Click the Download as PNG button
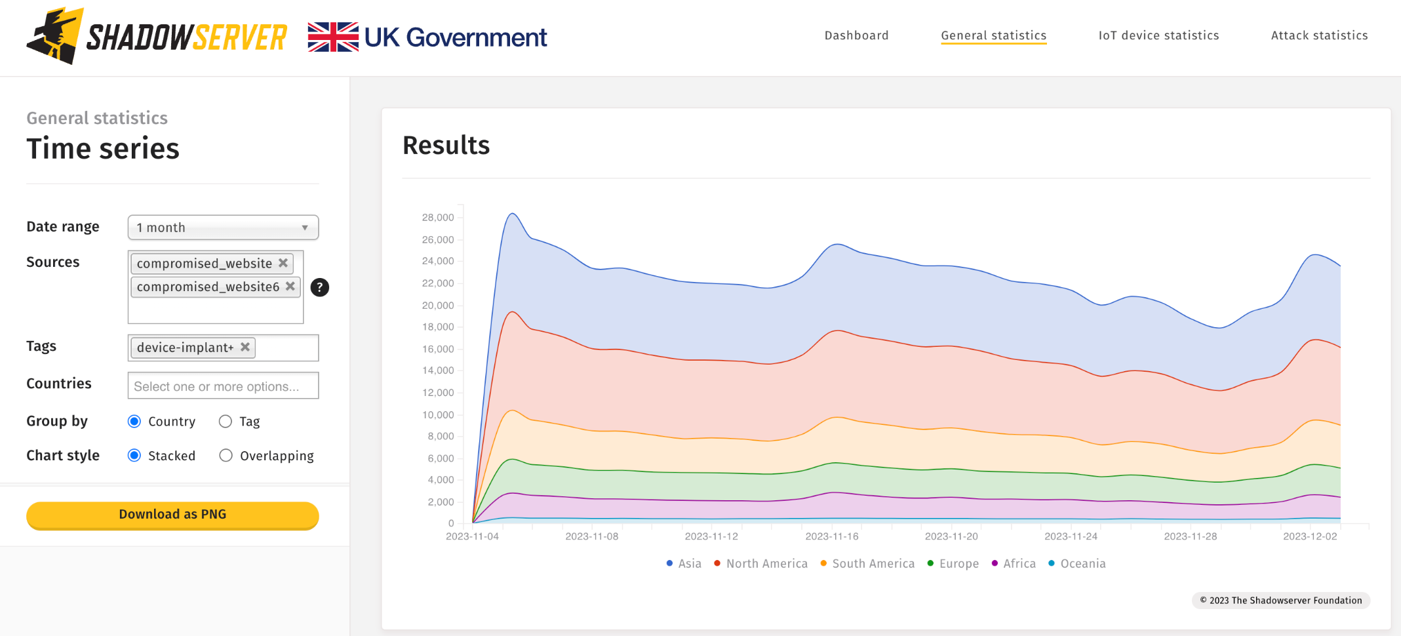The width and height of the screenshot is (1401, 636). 172,515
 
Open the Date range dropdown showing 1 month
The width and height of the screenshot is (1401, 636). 223,228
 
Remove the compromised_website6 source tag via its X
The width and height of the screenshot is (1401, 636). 290,287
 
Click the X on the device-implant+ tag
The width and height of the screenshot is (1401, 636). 245,347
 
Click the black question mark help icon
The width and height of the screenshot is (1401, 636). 319,287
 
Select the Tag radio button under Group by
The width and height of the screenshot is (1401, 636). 226,422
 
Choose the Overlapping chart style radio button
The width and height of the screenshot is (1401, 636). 226,456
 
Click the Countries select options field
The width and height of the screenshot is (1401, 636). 223,386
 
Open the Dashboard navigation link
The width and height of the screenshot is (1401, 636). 856,35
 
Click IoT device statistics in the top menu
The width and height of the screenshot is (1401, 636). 1158,35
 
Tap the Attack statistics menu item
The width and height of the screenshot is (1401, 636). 1319,35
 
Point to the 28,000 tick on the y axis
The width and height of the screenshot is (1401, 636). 438,218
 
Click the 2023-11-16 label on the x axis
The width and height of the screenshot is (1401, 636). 831,536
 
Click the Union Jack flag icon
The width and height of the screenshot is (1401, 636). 333,37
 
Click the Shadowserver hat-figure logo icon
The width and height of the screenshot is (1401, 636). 56,36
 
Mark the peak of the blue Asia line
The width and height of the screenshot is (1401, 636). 513,214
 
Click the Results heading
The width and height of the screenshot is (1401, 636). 446,146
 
